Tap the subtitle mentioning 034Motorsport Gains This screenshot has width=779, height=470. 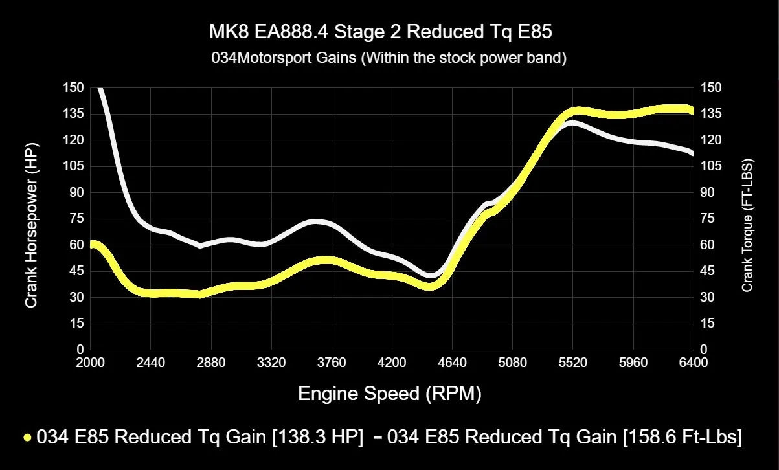click(x=389, y=58)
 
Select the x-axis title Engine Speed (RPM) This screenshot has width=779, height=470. click(x=389, y=393)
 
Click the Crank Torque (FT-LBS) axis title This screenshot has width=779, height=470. click(x=747, y=225)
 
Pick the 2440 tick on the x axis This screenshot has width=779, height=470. click(x=150, y=362)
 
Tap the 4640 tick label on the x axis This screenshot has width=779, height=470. click(x=452, y=362)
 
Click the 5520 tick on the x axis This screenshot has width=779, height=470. click(x=572, y=362)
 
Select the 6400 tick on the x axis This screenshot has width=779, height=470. click(x=693, y=362)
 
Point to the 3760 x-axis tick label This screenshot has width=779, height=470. click(x=331, y=362)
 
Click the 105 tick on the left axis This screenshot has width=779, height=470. click(x=74, y=166)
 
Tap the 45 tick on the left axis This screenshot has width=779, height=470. click(x=76, y=271)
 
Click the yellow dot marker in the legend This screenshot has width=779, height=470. click(x=27, y=438)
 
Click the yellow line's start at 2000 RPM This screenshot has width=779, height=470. click(x=92, y=245)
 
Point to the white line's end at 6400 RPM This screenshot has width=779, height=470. click(x=692, y=153)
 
